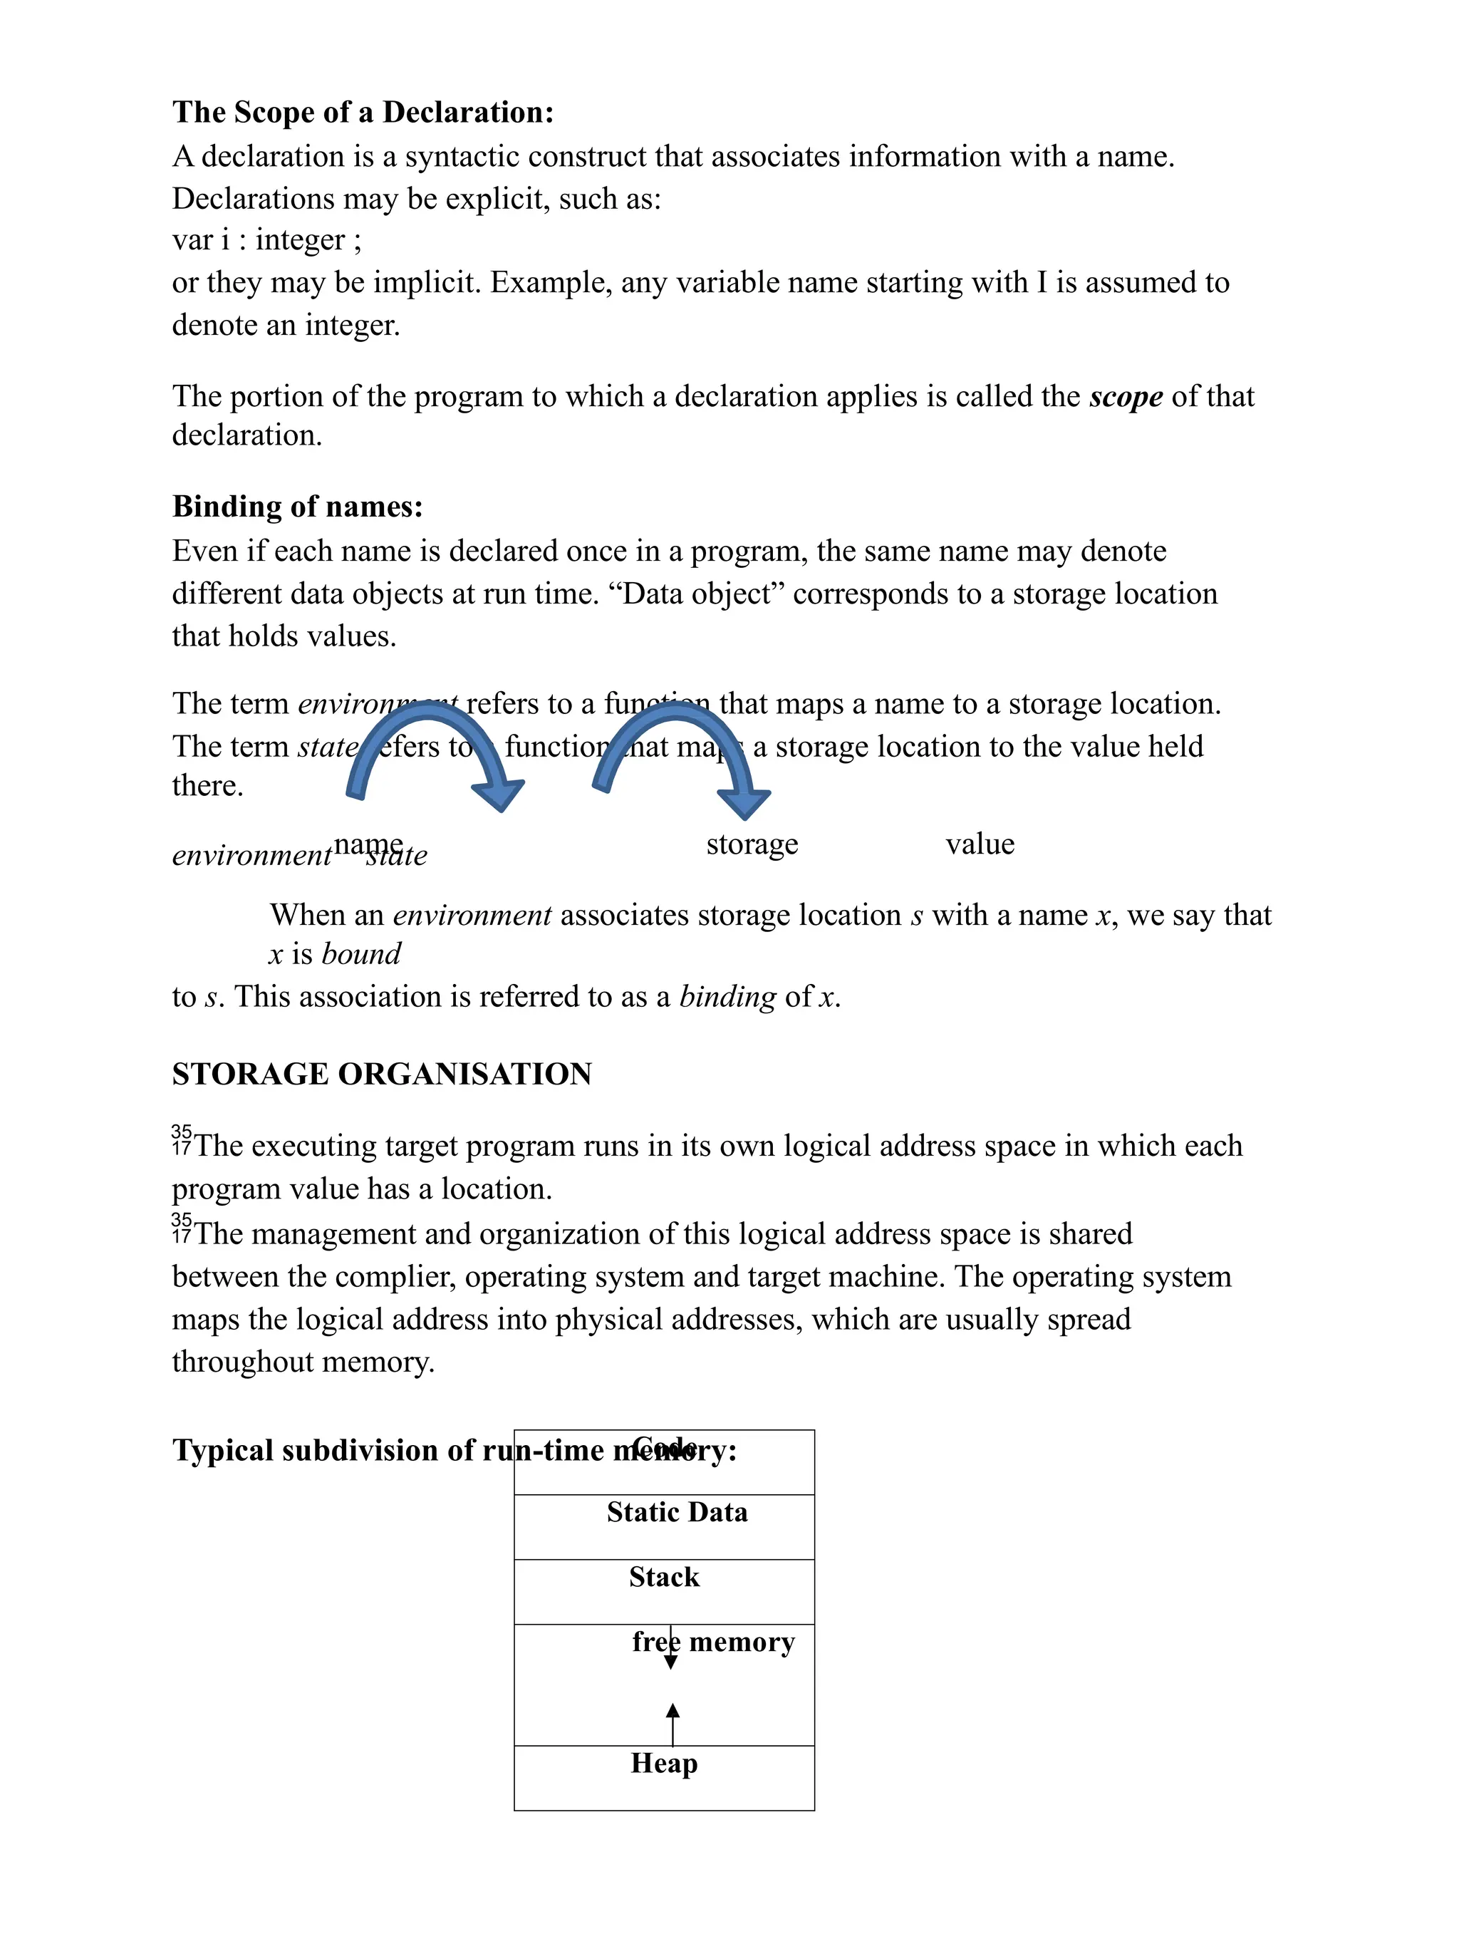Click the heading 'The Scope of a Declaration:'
363,112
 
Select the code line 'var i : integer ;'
266,239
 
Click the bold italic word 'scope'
1125,396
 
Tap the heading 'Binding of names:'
297,506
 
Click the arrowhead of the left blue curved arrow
499,794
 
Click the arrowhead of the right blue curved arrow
743,802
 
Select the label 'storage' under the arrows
752,843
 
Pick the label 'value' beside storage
980,843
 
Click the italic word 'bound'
361,953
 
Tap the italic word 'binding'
727,996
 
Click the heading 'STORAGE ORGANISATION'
382,1074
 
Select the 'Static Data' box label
676,1511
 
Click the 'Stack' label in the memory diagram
664,1576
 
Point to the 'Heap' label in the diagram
664,1763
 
